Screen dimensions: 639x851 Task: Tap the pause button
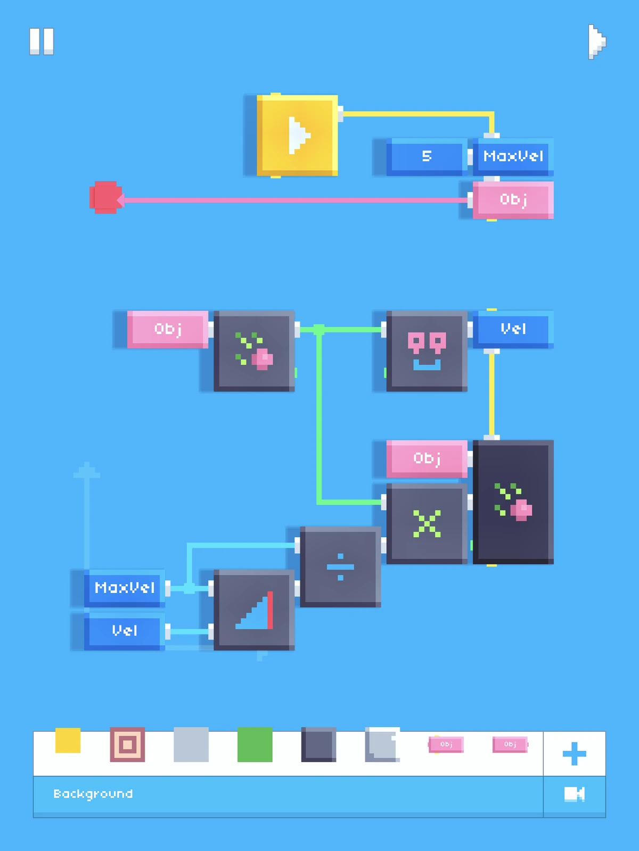(42, 41)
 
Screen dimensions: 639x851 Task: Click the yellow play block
(297, 135)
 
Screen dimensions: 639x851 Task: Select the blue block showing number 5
(427, 156)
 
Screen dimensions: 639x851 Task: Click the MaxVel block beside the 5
(513, 156)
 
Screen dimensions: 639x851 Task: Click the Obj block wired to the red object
(513, 200)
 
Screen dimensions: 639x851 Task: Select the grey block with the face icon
(427, 351)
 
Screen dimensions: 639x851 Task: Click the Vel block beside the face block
(513, 329)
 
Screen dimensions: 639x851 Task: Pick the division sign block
(340, 566)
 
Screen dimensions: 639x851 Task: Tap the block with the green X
(427, 523)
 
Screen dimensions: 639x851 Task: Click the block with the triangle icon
(254, 610)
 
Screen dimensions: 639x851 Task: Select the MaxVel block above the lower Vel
(124, 588)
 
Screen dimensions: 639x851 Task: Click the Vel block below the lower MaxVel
(124, 631)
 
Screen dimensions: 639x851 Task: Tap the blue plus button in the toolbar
(574, 754)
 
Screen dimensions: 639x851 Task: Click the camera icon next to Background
(575, 794)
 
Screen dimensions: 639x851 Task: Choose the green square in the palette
(255, 745)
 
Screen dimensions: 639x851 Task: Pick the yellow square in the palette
(68, 740)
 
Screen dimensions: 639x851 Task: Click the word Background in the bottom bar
(93, 794)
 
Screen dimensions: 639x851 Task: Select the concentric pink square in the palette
(127, 745)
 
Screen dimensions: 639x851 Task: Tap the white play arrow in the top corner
(597, 42)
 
